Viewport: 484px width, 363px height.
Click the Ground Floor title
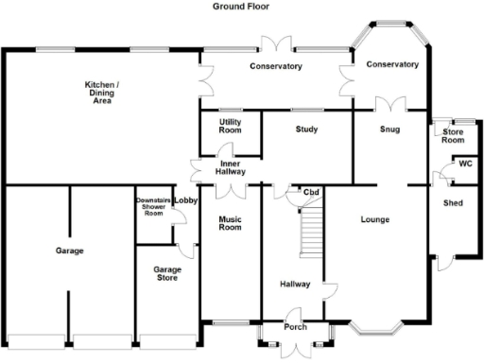pos(242,6)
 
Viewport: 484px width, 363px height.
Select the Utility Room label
pos(230,126)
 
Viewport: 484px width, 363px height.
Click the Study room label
pos(305,129)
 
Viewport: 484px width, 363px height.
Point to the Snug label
pos(389,129)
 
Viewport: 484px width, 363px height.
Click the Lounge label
pos(375,219)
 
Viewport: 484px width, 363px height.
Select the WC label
pos(464,163)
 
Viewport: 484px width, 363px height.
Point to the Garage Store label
pos(167,274)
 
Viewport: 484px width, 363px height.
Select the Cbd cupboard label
pos(310,193)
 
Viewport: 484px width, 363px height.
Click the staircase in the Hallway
pos(310,232)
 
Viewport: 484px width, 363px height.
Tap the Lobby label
pos(185,200)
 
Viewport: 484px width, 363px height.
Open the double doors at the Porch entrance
pos(295,347)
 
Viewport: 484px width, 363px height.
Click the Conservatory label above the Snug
pos(392,64)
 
